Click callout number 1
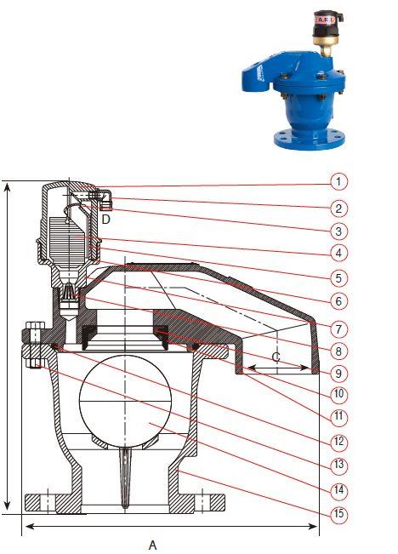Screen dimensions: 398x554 [338, 181]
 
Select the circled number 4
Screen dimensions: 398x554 [338, 253]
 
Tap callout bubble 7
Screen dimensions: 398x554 [338, 329]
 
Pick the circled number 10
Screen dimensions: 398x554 [338, 394]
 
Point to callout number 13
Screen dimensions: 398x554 [338, 465]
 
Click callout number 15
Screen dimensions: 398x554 [338, 513]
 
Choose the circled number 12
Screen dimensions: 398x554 [338, 441]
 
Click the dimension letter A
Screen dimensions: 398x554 [152, 545]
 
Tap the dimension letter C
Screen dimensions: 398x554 [276, 357]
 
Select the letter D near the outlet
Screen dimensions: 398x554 [106, 220]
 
